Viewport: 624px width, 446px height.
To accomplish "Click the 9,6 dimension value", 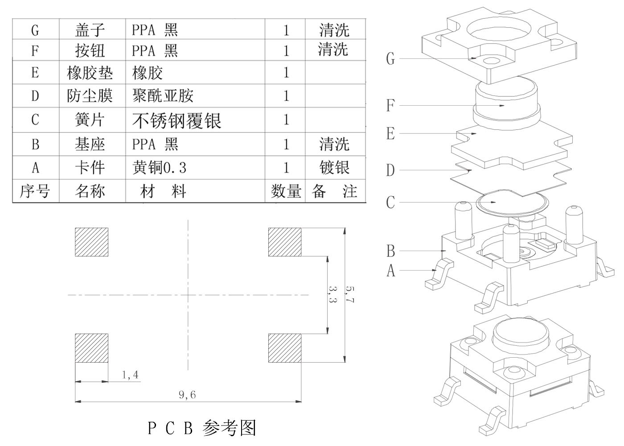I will (187, 394).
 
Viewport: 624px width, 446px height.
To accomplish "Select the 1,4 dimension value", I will (130, 375).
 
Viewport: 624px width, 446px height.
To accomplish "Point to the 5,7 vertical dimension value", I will (350, 294).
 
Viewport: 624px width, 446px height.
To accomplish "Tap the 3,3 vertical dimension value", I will (332, 294).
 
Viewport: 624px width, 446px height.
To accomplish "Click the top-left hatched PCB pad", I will (91, 242).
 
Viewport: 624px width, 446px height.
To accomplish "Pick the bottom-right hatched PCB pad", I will (285, 348).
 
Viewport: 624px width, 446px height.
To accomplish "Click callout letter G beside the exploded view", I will (390, 58).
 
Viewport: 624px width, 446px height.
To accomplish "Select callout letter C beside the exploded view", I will (390, 202).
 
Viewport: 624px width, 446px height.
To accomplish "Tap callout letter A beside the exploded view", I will (391, 270).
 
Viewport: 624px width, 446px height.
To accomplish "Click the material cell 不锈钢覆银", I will (177, 120).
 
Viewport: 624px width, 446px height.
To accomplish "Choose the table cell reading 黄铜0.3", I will (159, 168).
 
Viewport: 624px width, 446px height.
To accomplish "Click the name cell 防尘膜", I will (90, 96).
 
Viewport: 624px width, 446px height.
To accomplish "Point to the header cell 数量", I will (286, 191).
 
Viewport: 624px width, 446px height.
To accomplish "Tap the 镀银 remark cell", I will (334, 168).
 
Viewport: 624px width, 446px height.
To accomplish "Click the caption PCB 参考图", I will (202, 428).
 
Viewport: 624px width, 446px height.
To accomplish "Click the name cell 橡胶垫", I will (90, 73).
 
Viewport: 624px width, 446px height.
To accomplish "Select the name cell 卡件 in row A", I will (90, 168).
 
